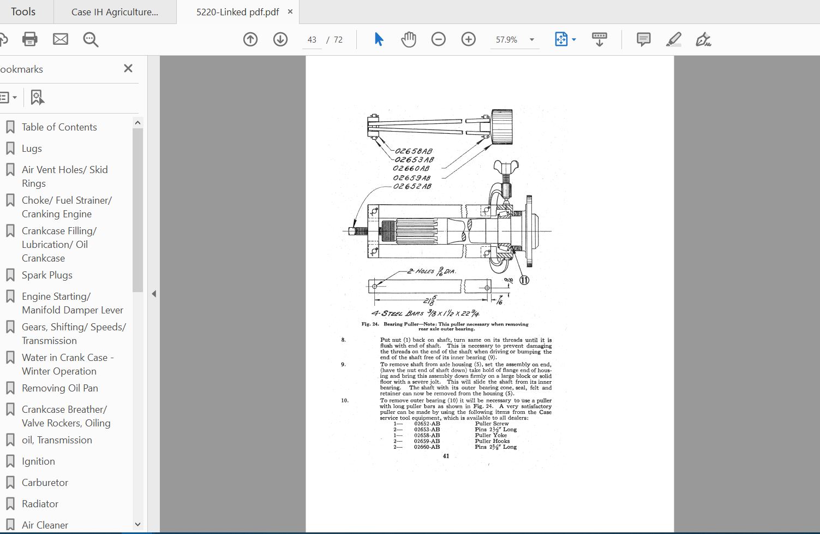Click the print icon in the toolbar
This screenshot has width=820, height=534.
(x=29, y=39)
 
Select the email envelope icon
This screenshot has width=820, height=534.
(x=61, y=39)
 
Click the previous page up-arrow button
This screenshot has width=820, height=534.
(x=250, y=39)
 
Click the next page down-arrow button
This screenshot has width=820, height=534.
(x=280, y=39)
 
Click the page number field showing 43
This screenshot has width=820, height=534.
(x=312, y=40)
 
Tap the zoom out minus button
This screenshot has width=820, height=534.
(x=439, y=39)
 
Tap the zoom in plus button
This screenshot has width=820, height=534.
(x=469, y=39)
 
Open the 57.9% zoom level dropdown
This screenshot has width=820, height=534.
(x=531, y=40)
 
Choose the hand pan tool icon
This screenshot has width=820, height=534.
(x=409, y=39)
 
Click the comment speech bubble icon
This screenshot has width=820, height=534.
(x=644, y=39)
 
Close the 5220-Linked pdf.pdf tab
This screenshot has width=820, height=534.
(x=290, y=11)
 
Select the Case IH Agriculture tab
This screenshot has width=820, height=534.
(x=115, y=12)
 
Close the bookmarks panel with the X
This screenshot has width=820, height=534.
(x=128, y=68)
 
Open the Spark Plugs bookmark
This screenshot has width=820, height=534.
(x=47, y=275)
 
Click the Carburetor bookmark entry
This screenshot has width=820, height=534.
(x=45, y=483)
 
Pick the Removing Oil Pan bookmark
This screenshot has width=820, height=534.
(x=60, y=388)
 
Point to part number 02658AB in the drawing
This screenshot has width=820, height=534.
(x=414, y=151)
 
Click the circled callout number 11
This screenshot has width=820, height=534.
(x=524, y=280)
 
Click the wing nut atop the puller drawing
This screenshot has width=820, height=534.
(x=505, y=166)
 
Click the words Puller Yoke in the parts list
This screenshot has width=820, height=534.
(x=490, y=435)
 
